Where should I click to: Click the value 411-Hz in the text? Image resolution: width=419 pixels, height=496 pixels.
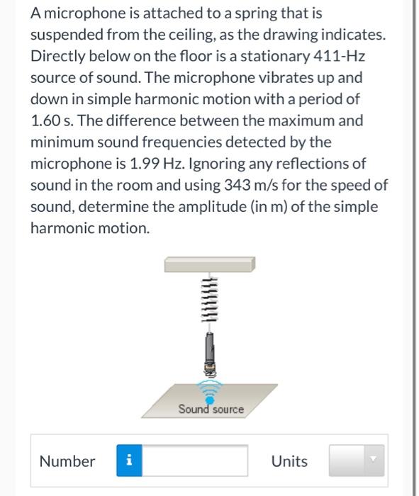click(x=334, y=55)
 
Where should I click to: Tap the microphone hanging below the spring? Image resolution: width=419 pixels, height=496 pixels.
click(x=210, y=352)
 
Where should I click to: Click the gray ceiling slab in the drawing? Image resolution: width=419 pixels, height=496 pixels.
click(x=210, y=264)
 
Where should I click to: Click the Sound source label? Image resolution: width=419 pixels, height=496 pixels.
click(x=211, y=409)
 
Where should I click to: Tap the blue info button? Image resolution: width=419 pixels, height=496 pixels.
click(x=128, y=461)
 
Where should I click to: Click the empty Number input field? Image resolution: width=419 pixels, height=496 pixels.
click(x=194, y=461)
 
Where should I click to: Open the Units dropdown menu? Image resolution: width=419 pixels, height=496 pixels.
click(x=356, y=461)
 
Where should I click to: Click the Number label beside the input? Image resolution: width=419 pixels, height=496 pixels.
click(x=67, y=461)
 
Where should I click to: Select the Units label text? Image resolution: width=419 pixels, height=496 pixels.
click(x=289, y=461)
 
